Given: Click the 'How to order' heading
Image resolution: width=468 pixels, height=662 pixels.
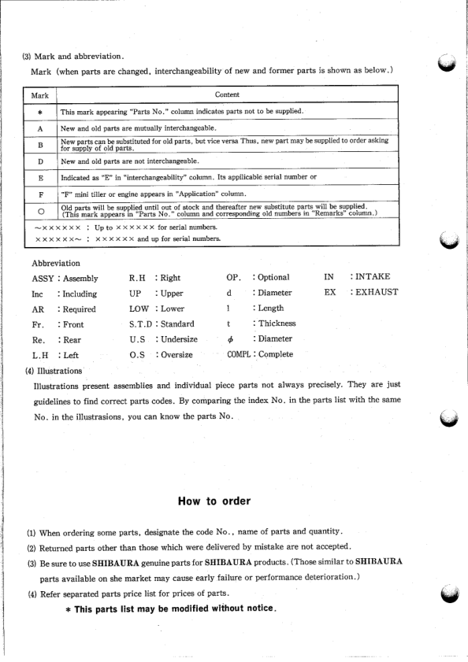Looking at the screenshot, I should coord(214,501).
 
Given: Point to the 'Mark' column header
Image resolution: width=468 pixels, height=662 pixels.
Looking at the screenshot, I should coord(39,95).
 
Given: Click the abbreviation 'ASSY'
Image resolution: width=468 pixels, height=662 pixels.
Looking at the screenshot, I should coord(43,278).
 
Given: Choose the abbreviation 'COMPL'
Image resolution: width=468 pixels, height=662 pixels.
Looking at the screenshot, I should coord(237,354).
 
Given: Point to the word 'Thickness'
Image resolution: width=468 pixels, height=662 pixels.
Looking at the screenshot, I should coord(274,324).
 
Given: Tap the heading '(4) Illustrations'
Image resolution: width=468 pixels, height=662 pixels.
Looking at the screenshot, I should coord(54,370).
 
